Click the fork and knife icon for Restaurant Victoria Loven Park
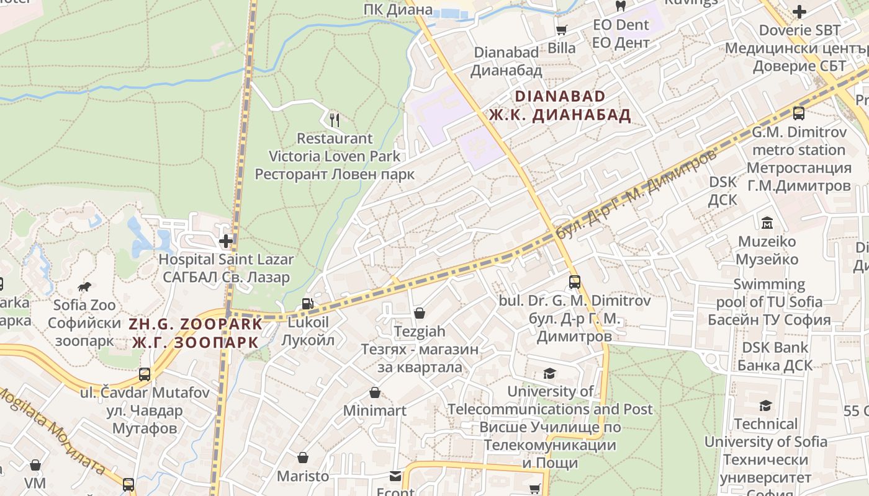[x=335, y=119]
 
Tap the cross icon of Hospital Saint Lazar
[x=226, y=240]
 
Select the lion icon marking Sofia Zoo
[x=84, y=286]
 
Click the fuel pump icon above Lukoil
[x=307, y=304]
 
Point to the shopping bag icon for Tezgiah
[x=420, y=313]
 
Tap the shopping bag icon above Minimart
[x=375, y=392]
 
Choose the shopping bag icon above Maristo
[x=303, y=458]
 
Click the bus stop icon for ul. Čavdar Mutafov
[x=145, y=374]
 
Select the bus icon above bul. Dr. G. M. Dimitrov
[x=575, y=282]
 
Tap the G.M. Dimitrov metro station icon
[x=799, y=113]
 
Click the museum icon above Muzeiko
[x=767, y=223]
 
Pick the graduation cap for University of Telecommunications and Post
[x=549, y=373]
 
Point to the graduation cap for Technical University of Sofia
[x=766, y=405]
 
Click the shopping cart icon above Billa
[x=562, y=30]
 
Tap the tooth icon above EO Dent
[x=620, y=6]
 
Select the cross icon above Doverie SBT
[x=799, y=11]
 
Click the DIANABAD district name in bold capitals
[x=559, y=96]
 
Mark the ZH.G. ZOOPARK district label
[x=196, y=324]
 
